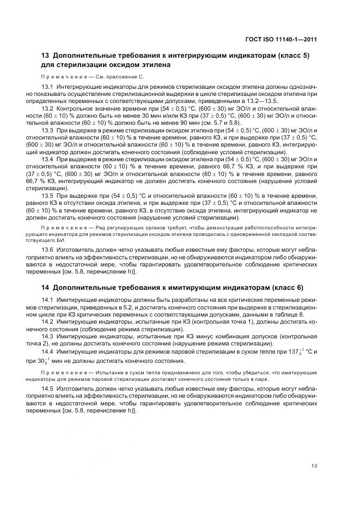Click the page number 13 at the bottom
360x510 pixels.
tap(314, 465)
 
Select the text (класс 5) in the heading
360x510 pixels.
tap(296, 56)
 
